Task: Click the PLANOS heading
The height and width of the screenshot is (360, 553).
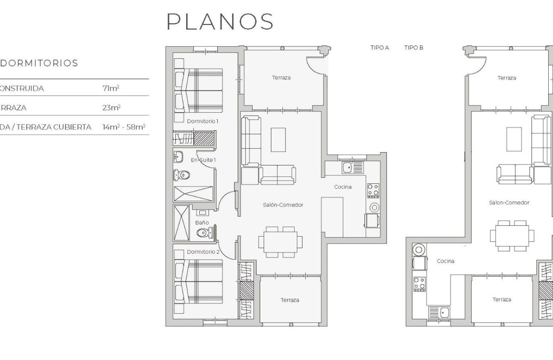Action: [220, 21]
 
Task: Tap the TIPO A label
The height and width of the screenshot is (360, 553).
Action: [379, 48]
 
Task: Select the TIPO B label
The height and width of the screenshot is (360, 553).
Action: [413, 48]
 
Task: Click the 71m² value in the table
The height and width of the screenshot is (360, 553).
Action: [111, 88]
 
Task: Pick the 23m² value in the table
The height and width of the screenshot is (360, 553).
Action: [111, 108]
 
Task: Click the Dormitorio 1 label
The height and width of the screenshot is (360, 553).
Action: [202, 121]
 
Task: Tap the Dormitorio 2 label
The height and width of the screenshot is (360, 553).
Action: [203, 252]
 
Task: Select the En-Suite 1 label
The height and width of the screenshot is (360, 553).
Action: [203, 160]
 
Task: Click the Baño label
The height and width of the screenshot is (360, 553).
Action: [202, 222]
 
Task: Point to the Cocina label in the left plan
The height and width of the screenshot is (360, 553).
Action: [343, 187]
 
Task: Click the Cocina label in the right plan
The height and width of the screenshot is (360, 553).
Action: [445, 261]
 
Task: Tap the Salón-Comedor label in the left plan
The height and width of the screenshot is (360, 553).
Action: [283, 205]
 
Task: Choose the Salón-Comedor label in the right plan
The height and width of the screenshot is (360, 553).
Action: [509, 202]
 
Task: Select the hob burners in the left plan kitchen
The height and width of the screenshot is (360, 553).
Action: [373, 190]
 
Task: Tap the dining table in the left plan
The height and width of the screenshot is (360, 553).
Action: [280, 242]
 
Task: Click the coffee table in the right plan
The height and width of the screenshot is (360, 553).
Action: [514, 139]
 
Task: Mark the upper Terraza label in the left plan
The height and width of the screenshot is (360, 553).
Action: [281, 78]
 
